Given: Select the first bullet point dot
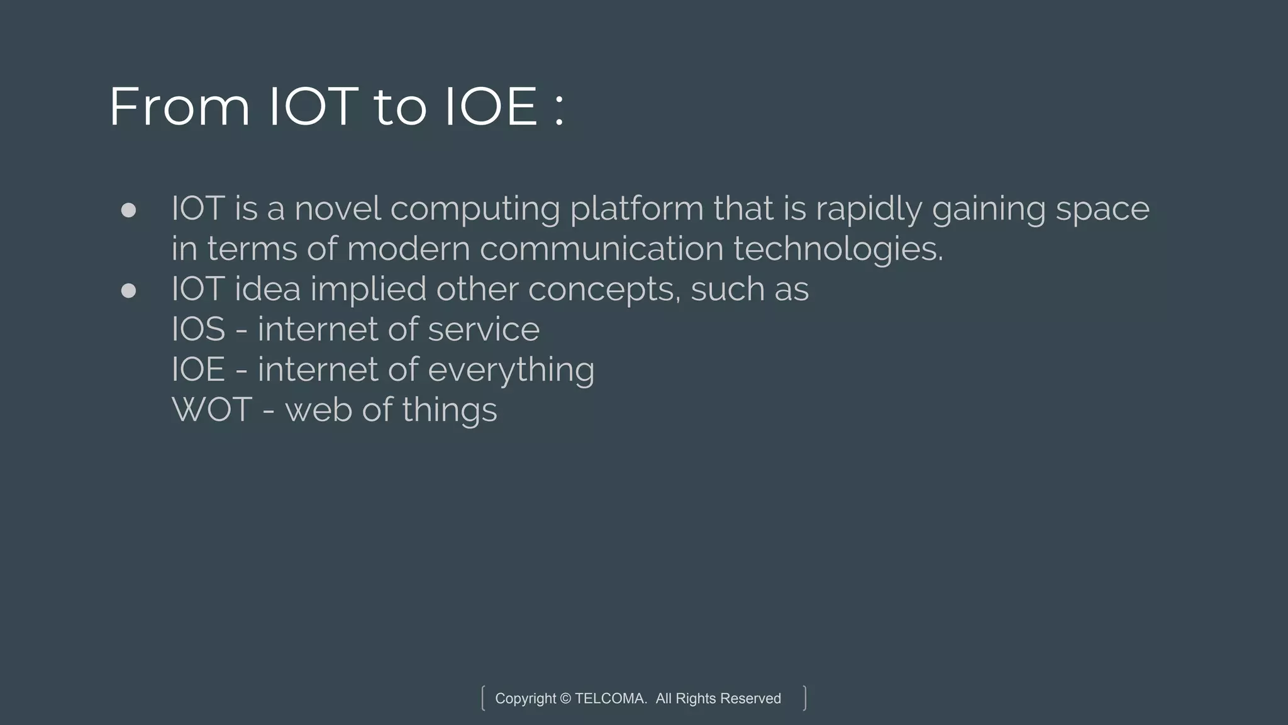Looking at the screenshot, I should (128, 210).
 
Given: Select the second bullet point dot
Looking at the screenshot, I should (128, 291).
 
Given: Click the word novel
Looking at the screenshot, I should (338, 208).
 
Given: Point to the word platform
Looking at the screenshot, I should (636, 210).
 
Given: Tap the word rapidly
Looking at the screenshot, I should (869, 210).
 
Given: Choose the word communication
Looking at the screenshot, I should (601, 249).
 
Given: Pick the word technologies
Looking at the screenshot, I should (838, 250).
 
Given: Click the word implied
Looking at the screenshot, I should (368, 290).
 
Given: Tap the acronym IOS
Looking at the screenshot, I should (198, 329).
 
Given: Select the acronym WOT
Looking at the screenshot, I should (212, 410).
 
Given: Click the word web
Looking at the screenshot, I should (318, 410).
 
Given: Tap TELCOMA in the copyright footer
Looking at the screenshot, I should (611, 699).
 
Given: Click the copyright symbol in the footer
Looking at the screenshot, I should (565, 699).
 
